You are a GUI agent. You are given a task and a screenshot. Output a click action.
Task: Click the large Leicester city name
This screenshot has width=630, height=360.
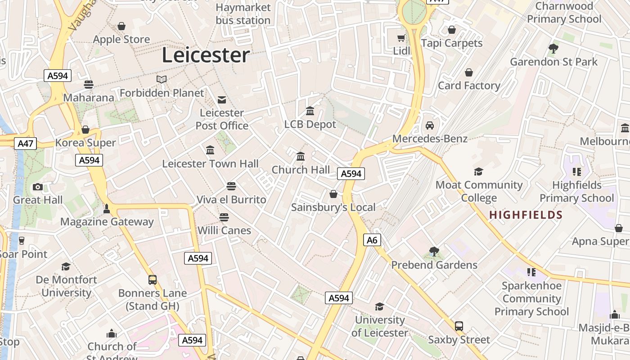coord(206,55)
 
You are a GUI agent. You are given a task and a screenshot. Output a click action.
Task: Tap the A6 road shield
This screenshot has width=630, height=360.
coord(372,240)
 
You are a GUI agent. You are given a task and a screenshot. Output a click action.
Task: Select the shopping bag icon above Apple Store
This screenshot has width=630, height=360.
coord(121,26)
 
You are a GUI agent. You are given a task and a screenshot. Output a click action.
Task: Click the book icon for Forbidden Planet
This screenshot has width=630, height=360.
coord(162,79)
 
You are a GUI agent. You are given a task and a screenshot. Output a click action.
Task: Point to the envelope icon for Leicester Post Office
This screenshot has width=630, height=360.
coord(222,99)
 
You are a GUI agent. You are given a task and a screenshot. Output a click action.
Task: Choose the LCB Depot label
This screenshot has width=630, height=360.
coord(310,124)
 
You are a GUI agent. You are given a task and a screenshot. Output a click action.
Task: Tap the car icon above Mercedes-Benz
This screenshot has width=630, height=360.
coord(430,125)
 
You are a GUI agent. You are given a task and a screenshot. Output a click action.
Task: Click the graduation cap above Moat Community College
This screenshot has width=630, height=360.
coord(478,171)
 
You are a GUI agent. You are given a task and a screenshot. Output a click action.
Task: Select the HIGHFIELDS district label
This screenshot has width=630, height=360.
coord(526,215)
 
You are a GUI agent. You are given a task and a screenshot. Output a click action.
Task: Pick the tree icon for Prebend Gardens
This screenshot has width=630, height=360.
coord(434,251)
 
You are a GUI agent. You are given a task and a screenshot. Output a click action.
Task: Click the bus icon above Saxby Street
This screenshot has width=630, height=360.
coord(459,326)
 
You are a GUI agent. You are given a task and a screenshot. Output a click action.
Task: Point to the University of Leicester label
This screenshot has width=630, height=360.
coord(380,326)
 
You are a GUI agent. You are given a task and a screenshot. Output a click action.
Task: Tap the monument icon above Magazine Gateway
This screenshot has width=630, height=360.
coord(107,208)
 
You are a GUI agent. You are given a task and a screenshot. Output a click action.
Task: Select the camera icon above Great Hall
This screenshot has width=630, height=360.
coord(38,187)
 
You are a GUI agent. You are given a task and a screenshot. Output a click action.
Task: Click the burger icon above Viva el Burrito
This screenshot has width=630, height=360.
coord(231,186)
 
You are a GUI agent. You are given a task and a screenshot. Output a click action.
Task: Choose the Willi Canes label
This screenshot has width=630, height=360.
coord(224,230)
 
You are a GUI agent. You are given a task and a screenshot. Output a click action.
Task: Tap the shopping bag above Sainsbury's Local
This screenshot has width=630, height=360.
coord(333,194)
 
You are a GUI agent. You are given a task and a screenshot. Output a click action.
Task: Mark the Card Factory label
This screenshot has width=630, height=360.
coord(469,85)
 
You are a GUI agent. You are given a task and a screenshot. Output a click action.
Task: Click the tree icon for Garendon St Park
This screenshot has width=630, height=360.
coord(553,48)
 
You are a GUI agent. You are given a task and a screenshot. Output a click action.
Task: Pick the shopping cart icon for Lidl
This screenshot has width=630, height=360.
coord(401,38)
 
